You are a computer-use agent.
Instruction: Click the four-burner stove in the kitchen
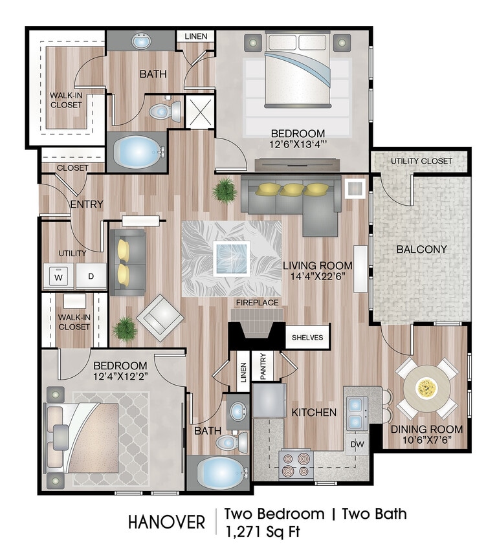(x=296, y=465)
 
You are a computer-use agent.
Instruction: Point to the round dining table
(x=426, y=388)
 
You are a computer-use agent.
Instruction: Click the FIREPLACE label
(x=257, y=302)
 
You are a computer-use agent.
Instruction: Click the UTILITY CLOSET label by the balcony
(x=421, y=161)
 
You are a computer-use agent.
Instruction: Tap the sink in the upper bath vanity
(x=141, y=41)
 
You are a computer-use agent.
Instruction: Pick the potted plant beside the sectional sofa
(x=225, y=190)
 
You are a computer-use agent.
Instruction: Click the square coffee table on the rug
(x=232, y=258)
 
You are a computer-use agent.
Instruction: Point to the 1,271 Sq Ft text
(x=262, y=532)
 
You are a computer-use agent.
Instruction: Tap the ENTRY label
(x=86, y=204)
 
